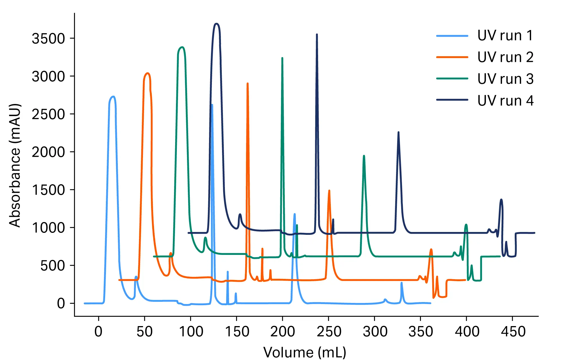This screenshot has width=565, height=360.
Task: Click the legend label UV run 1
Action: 505,36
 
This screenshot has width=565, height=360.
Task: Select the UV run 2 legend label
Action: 505,57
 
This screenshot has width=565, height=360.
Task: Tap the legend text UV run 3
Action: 505,79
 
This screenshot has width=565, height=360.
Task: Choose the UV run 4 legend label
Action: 505,101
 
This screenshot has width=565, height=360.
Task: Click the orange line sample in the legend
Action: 452,57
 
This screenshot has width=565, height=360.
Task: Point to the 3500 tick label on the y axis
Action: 48,38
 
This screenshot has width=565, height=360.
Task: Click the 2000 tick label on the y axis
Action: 48,152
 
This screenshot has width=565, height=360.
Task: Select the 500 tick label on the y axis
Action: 53,266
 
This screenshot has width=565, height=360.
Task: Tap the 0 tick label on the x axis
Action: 98,331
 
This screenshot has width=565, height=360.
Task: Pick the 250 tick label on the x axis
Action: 329,331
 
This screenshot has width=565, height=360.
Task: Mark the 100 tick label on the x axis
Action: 191,331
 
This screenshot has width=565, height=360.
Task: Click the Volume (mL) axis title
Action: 305,352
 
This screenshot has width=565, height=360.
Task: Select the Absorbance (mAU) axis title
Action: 15,165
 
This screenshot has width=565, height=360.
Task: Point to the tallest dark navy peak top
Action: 217,24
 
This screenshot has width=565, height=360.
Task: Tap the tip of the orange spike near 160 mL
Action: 247,83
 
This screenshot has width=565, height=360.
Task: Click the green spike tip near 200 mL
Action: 282,58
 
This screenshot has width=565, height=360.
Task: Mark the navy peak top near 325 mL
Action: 398,132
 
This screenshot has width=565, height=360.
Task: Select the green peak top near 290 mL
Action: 364,156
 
